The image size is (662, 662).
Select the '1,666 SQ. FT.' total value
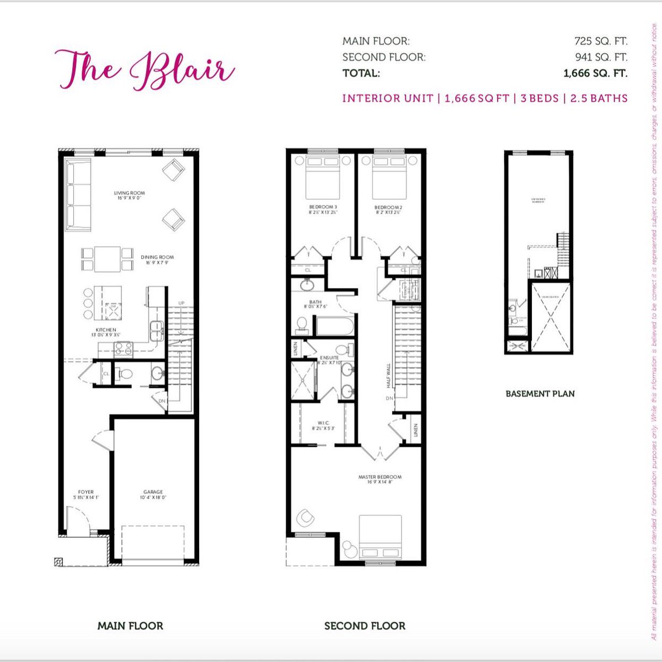point(595,73)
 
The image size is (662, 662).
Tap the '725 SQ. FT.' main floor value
point(601,41)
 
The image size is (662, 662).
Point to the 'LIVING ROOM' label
point(130,194)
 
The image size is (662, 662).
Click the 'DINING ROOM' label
point(157,257)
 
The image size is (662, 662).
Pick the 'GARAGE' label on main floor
point(153,492)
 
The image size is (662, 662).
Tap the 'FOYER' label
point(86,492)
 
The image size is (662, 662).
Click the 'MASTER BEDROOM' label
point(380,477)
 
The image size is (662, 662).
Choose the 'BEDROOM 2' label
point(387,207)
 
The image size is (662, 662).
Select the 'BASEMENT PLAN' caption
point(540,394)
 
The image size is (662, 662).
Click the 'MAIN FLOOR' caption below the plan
point(130,626)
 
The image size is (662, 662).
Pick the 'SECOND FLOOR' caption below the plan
point(365,626)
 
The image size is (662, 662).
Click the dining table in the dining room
point(108,259)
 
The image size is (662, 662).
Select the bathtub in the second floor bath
point(334,325)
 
